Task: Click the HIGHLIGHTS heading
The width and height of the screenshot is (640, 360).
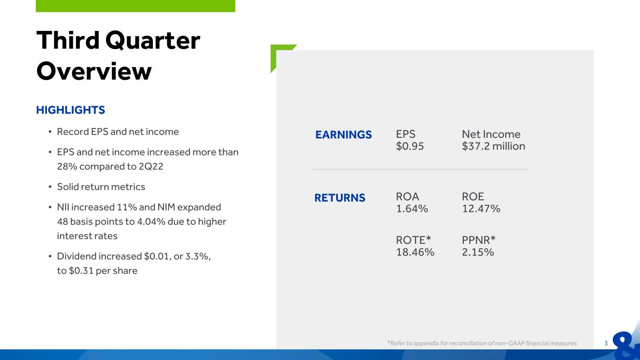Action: [x=71, y=110]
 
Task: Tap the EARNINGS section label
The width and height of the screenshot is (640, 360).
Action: [x=343, y=135]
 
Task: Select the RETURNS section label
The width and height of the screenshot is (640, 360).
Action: [x=340, y=198]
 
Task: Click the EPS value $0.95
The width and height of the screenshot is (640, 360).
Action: [x=410, y=146]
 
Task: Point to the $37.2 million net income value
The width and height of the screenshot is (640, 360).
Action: [x=493, y=146]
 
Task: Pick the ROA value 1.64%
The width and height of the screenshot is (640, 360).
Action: [x=412, y=209]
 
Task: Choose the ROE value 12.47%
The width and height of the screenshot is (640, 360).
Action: [x=481, y=209]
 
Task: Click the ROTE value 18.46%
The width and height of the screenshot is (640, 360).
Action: [x=415, y=252]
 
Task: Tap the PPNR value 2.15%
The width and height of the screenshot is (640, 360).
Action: [x=478, y=252]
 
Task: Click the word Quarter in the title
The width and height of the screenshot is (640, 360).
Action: [x=153, y=41]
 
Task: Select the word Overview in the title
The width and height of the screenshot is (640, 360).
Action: [x=94, y=71]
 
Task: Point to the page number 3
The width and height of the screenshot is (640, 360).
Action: [x=606, y=343]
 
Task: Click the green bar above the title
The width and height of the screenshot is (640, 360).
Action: [x=136, y=6]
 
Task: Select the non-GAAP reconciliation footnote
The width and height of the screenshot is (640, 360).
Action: [x=482, y=343]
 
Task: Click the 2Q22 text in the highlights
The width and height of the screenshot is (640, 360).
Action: [x=151, y=166]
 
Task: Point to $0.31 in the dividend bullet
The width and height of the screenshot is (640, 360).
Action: [x=81, y=270]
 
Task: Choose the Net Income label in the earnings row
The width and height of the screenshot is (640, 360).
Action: [x=491, y=134]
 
